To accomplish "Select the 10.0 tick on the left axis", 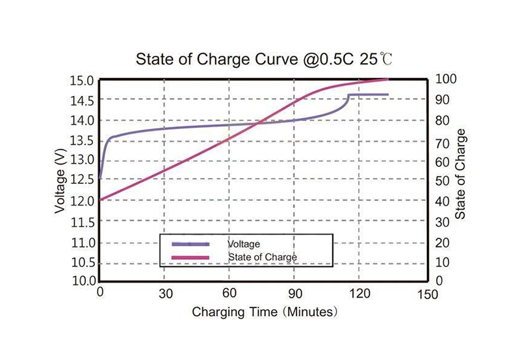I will (82, 281).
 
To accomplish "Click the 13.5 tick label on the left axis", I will (82, 140).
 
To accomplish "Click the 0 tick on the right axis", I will (437, 281).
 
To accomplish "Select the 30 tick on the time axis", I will (164, 294).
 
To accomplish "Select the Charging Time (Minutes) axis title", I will (265, 312).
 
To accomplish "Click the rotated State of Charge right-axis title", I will (461, 174).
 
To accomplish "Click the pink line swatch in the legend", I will (190, 258).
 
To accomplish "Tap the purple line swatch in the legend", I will (190, 244).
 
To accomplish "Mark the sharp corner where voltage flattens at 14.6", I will (348, 95).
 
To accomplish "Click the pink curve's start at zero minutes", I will (100, 199).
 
